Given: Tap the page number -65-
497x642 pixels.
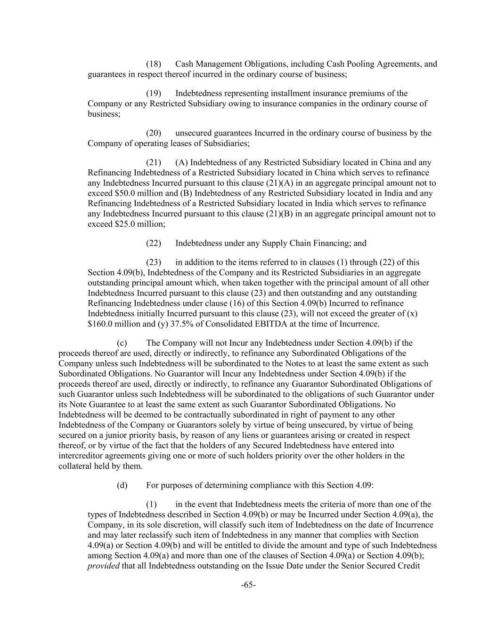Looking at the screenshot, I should click(x=248, y=585).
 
